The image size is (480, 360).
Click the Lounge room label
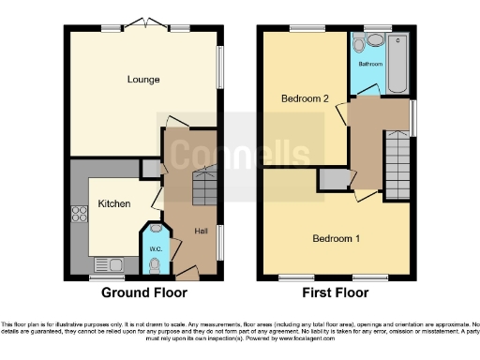pyautogui.click(x=142, y=80)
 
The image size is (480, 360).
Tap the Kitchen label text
pyautogui.click(x=114, y=203)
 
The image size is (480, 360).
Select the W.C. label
pyautogui.click(x=155, y=247)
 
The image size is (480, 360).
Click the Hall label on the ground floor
pyautogui.click(x=201, y=231)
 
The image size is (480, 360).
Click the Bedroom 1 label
pyautogui.click(x=337, y=238)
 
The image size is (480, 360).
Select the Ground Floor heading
pyautogui.click(x=143, y=292)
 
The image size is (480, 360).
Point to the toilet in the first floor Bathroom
pyautogui.click(x=373, y=41)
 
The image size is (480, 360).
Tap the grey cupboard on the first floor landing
pyautogui.click(x=331, y=179)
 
